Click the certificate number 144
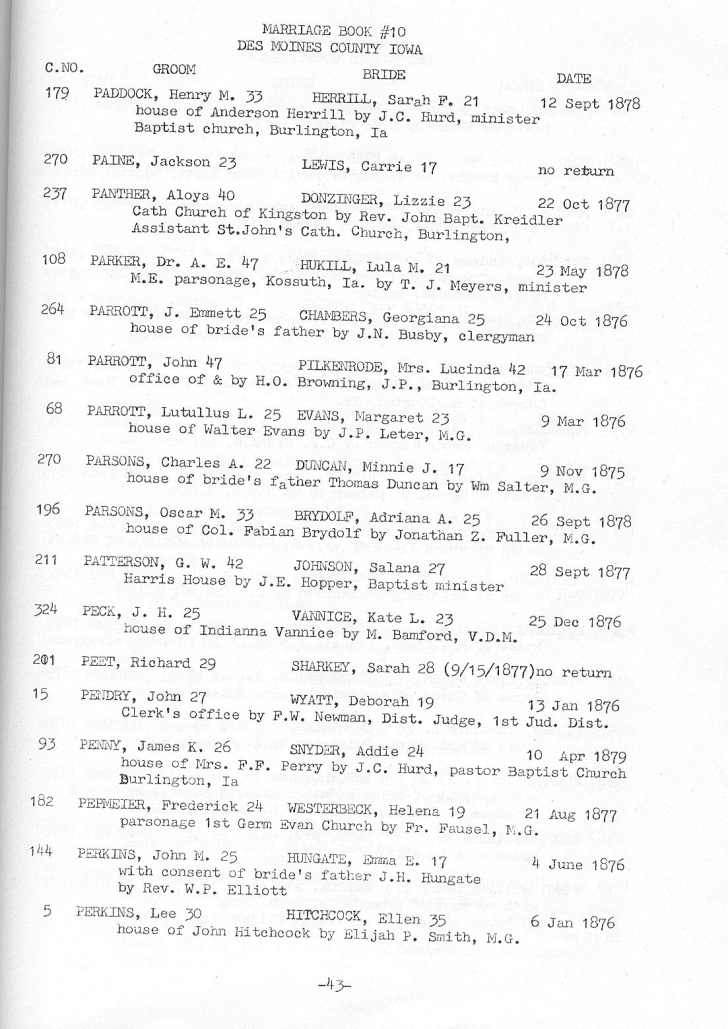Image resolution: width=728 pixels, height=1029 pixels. [55, 845]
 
